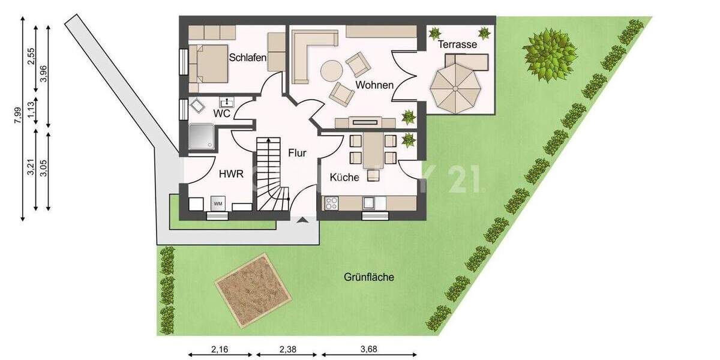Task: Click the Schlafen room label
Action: coord(248,58)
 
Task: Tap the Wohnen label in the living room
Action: coord(374,85)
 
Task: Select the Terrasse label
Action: coord(457,44)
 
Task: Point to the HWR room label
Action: coord(231,175)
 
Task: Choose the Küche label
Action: coord(344,178)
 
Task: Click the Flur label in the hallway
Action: coord(297,153)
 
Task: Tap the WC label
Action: coord(221,112)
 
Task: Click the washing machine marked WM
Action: coord(217,203)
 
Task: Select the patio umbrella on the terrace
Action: coord(455,88)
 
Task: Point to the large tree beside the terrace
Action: coord(549,55)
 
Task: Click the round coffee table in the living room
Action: coord(330,71)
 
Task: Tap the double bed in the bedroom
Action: coord(208,63)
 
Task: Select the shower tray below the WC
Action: coord(200,137)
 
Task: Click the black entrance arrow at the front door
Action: coord(303,221)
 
